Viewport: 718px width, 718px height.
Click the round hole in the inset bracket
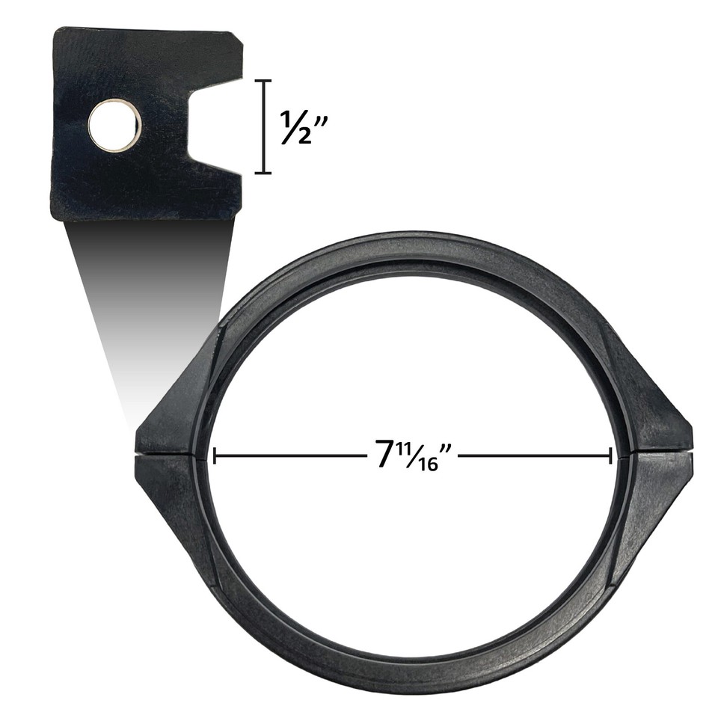coord(114,126)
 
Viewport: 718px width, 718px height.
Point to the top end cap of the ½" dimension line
coord(263,81)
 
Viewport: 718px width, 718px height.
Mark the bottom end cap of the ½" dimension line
coord(263,173)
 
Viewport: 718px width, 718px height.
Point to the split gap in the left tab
coord(168,452)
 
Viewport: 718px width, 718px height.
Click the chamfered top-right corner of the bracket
coord(236,39)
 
